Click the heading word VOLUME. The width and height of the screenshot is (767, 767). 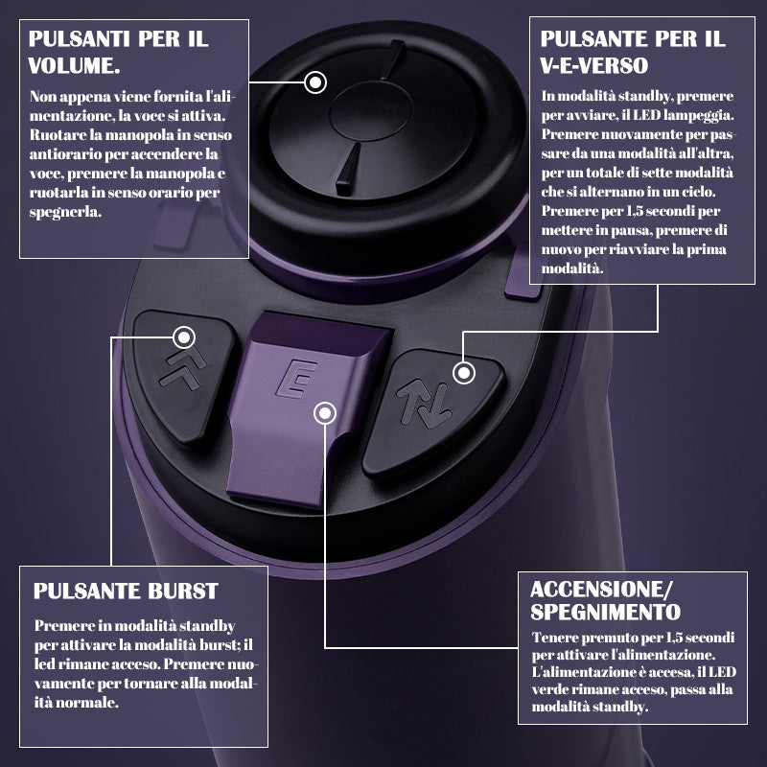coord(74,65)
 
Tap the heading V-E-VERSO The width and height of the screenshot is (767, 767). coord(594,65)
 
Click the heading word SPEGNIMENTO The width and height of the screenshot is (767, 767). coord(606,612)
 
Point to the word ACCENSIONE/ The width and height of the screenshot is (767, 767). coord(602,590)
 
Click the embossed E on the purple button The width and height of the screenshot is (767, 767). coord(296,379)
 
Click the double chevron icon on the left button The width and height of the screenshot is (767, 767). coord(182,369)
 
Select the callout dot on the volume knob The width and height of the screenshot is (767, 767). coord(315,82)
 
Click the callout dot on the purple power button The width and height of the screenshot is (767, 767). coord(325,414)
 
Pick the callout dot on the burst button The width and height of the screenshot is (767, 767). coord(184,337)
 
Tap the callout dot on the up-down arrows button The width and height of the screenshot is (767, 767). coord(464,374)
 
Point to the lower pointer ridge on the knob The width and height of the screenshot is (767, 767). coord(348,170)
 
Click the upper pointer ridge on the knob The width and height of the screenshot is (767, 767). coord(394,59)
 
